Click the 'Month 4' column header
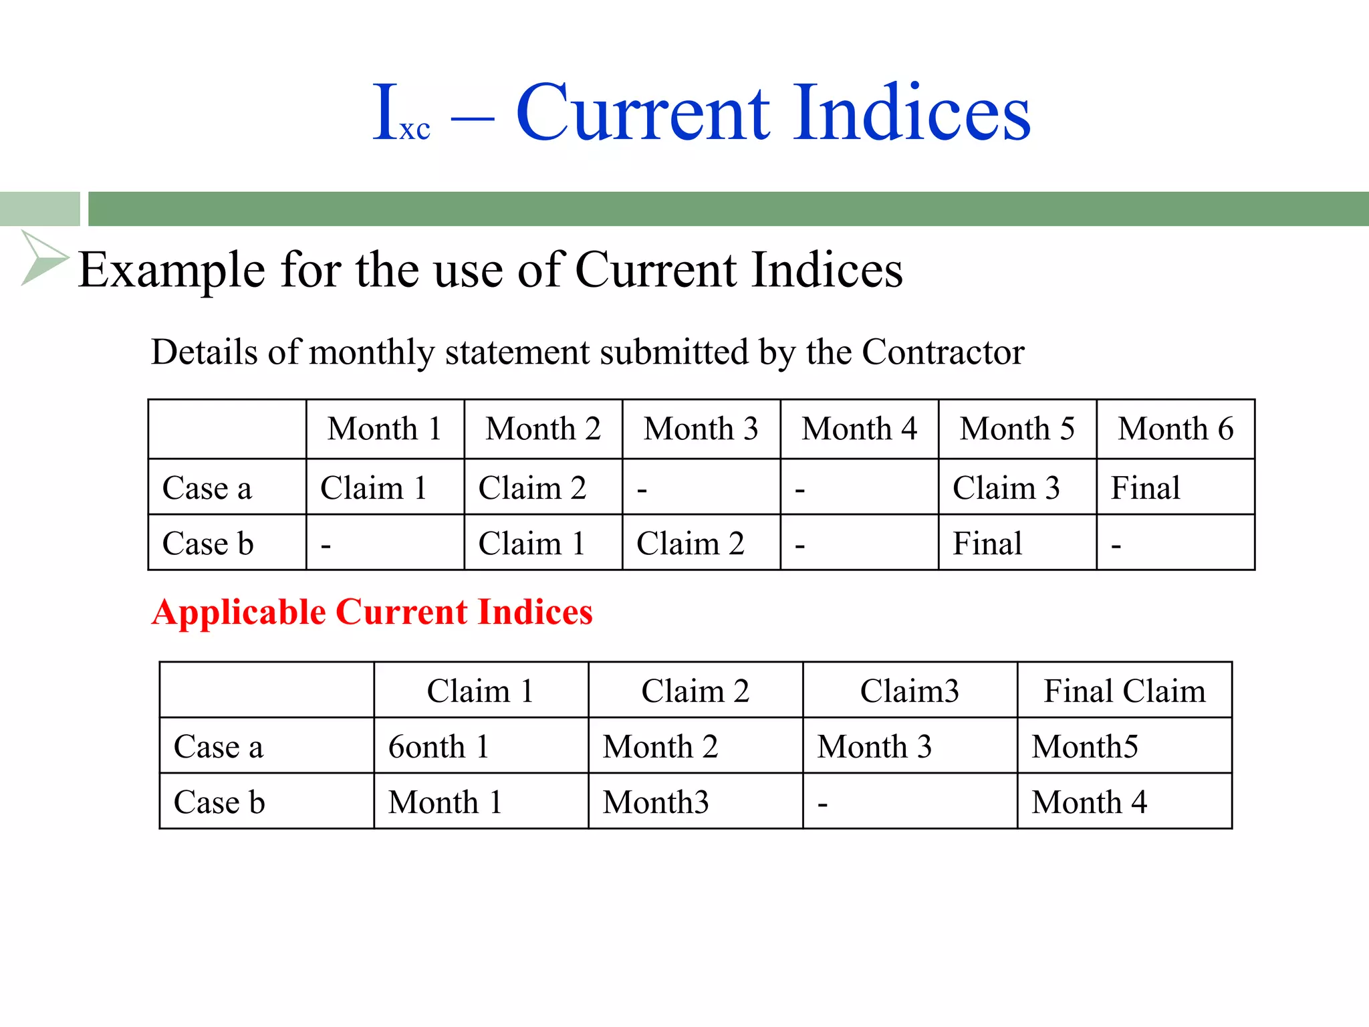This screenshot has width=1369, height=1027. [859, 429]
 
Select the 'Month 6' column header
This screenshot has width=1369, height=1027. [1175, 429]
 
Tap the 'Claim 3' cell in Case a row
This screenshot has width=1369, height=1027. [1006, 487]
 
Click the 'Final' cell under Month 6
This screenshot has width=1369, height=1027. [1145, 487]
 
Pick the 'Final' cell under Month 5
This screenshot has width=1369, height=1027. [987, 543]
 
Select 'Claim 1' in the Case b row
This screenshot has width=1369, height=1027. [532, 543]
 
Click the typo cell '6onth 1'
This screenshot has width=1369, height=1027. [439, 746]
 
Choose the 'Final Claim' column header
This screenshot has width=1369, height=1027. [1124, 691]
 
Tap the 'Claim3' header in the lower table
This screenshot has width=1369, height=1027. [909, 691]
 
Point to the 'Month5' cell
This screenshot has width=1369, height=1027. [1084, 746]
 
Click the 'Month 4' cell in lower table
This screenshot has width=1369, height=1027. [1089, 802]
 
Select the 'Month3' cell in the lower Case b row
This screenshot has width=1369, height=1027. [655, 802]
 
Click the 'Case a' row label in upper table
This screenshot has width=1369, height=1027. [207, 487]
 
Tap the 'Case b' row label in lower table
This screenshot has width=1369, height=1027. [219, 802]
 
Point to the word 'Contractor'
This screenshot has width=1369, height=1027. [943, 352]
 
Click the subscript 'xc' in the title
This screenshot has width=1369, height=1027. [414, 129]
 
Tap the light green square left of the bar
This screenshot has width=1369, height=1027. [39, 209]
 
